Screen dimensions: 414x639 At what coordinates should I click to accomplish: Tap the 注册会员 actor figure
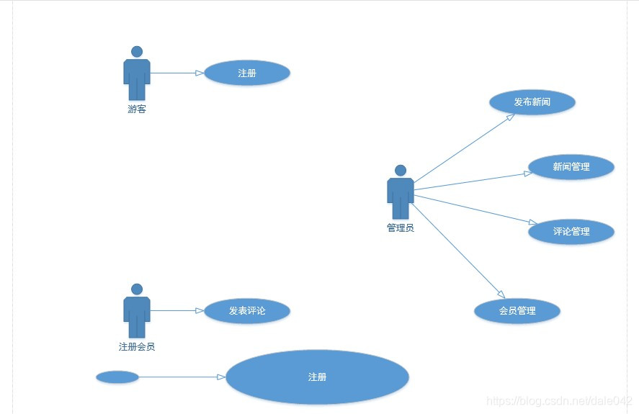tap(137, 312)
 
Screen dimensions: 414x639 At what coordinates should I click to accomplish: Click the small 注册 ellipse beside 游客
tap(247, 73)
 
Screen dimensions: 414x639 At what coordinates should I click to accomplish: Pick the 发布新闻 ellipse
tap(532, 102)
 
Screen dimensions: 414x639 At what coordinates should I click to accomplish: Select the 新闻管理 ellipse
tap(571, 167)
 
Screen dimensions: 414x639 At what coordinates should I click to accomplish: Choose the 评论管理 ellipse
tap(571, 232)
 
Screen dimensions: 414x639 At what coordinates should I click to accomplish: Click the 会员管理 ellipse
tap(517, 311)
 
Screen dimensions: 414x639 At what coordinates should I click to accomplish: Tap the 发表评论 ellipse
tap(247, 311)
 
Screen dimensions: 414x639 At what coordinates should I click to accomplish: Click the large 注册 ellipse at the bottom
tap(317, 377)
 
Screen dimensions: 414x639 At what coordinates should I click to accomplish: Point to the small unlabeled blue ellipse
tap(117, 377)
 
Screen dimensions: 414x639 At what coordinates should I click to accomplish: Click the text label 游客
tap(137, 109)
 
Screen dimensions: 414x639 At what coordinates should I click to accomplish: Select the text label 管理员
tap(401, 228)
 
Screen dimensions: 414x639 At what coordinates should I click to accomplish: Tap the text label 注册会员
tap(137, 346)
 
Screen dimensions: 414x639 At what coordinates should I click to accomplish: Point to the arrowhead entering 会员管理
tap(499, 294)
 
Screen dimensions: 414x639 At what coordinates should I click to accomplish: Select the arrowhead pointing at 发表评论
tap(200, 311)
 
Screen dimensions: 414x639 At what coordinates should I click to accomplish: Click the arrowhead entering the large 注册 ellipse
tap(221, 377)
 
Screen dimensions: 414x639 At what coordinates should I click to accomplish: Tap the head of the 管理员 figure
tap(401, 171)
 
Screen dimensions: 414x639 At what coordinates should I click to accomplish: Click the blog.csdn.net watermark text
tap(559, 400)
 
